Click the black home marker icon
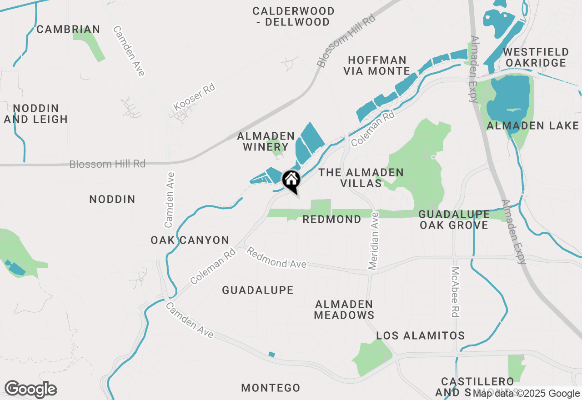[x=291, y=180]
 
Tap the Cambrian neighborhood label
[x=68, y=30]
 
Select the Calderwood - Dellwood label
[x=293, y=16]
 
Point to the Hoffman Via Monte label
[x=377, y=65]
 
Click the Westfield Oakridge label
[x=536, y=57]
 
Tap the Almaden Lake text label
[x=532, y=126]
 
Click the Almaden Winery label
[x=266, y=141]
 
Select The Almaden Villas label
[x=361, y=178]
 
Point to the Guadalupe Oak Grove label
[x=454, y=220]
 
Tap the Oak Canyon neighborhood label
[x=190, y=240]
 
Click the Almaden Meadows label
[x=344, y=310]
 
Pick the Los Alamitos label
[x=420, y=336]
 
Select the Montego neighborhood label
[x=271, y=388]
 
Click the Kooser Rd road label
[x=194, y=97]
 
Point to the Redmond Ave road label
[x=276, y=258]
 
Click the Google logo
[x=30, y=390]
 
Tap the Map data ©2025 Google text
[x=526, y=394]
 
